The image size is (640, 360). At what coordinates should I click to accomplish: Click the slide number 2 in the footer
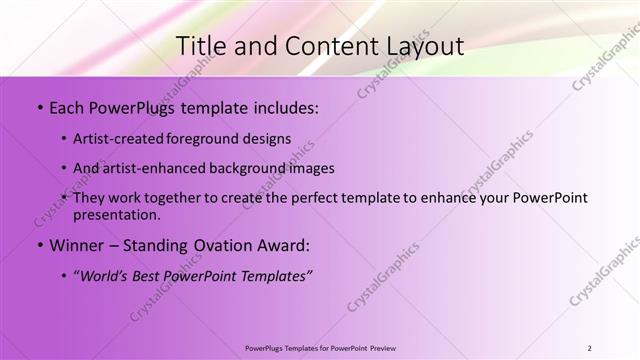[589, 347]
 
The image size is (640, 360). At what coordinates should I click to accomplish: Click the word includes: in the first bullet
[285, 108]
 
